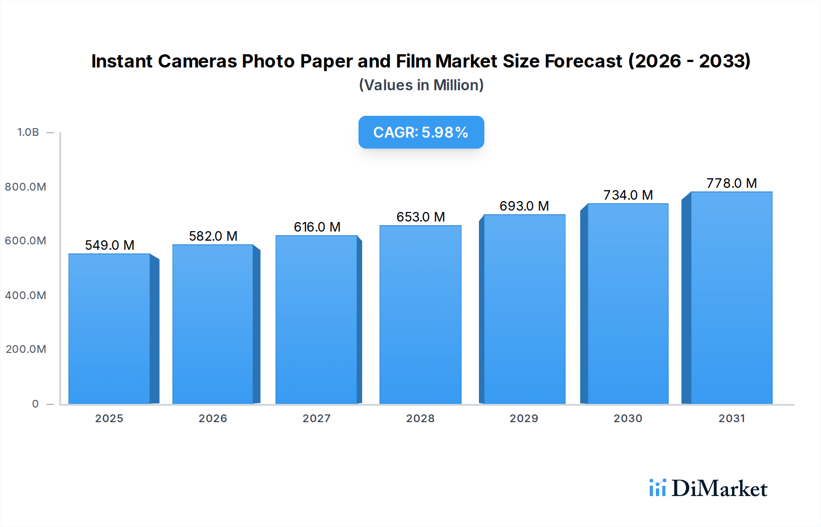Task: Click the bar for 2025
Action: (109, 328)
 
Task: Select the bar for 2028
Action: (420, 315)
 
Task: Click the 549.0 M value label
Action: (109, 245)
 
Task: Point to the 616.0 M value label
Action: (317, 227)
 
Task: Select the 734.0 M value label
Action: (628, 195)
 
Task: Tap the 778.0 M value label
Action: (732, 183)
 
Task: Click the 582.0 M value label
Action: (213, 236)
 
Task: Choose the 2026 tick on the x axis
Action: (213, 418)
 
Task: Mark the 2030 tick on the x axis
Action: (628, 418)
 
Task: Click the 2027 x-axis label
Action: (317, 418)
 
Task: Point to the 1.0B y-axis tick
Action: (28, 132)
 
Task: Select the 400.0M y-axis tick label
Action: (26, 295)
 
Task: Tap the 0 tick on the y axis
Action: (36, 404)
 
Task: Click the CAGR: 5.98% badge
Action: (421, 132)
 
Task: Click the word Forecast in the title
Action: (583, 61)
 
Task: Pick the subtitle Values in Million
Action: (421, 85)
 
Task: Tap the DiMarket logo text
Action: (719, 489)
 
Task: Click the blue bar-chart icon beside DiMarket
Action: (657, 488)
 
